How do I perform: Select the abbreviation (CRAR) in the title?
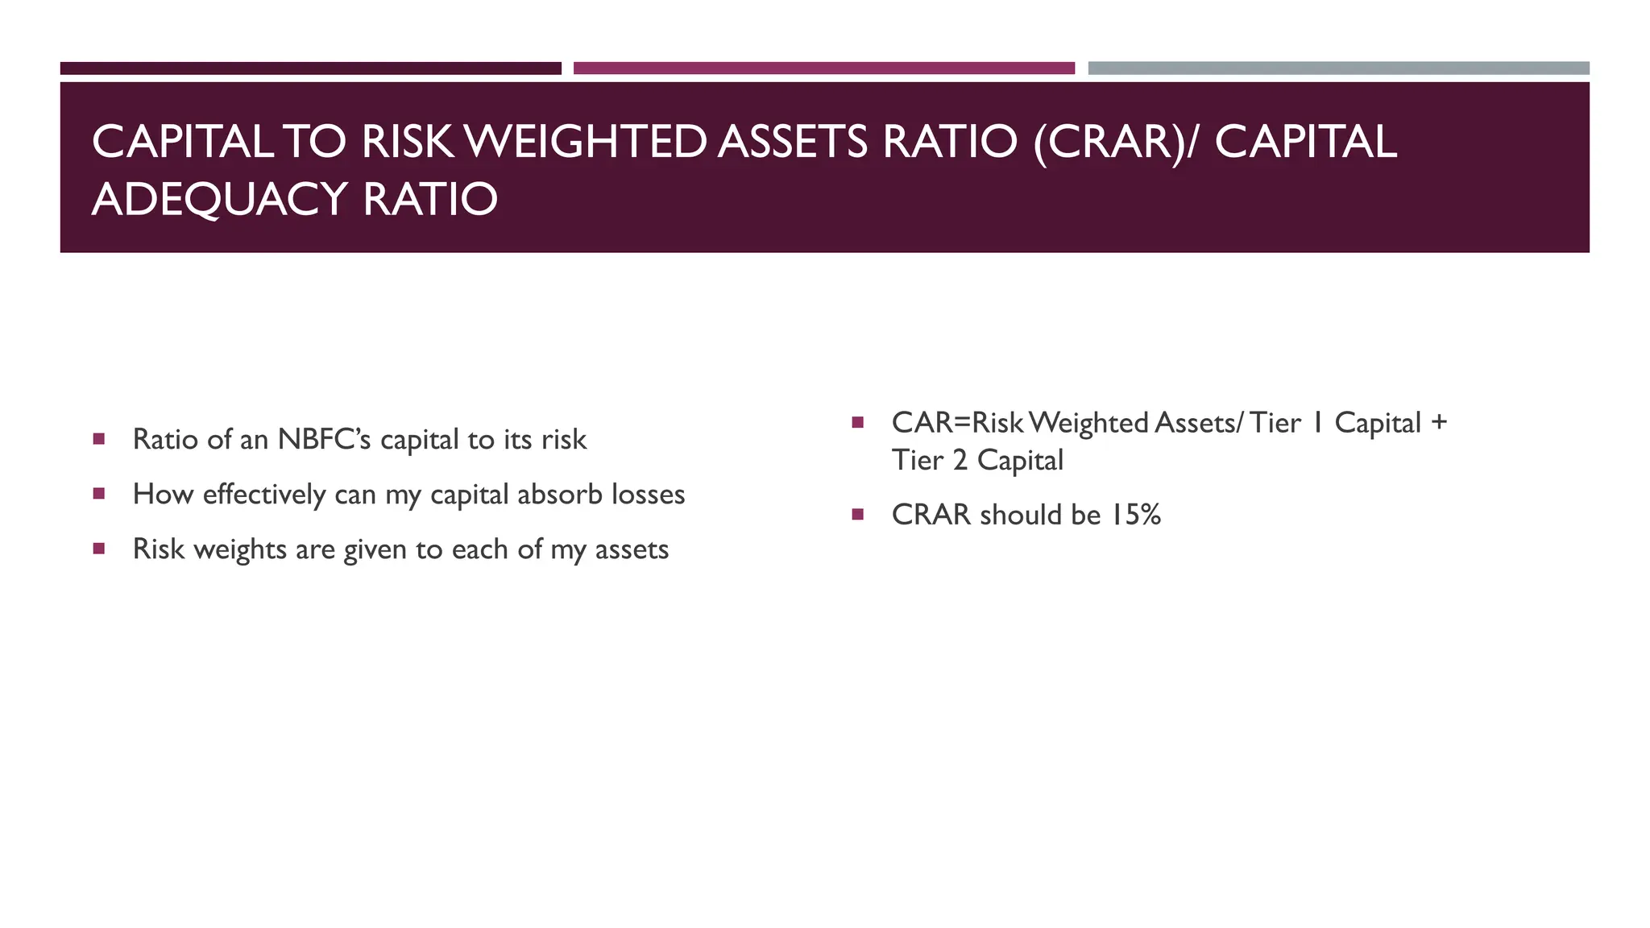pyautogui.click(x=1111, y=142)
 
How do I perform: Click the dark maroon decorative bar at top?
pyautogui.click(x=310, y=68)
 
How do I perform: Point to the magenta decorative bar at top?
pyautogui.click(x=823, y=68)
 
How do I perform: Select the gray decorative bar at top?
pyautogui.click(x=1338, y=68)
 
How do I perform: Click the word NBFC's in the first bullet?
pyautogui.click(x=324, y=440)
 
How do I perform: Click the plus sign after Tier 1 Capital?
pyautogui.click(x=1439, y=423)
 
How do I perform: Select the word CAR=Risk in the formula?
pyautogui.click(x=957, y=423)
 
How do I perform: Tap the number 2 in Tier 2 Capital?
pyautogui.click(x=960, y=461)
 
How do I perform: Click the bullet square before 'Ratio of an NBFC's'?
pyautogui.click(x=99, y=439)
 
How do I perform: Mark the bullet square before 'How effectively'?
pyautogui.click(x=99, y=494)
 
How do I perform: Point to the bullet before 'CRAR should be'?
pyautogui.click(x=857, y=514)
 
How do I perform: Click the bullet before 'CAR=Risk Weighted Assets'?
pyautogui.click(x=857, y=422)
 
